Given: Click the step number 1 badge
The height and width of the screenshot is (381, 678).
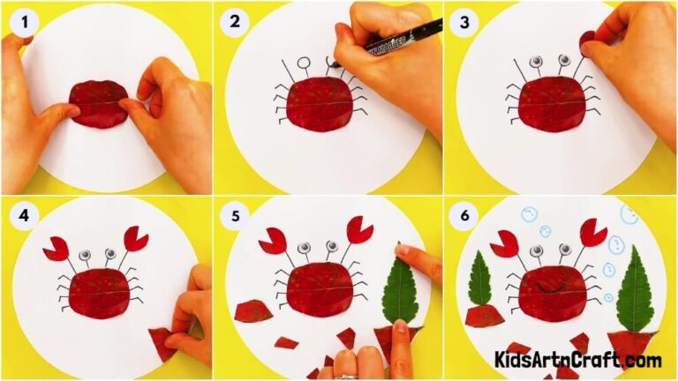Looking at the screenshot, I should coord(19,19).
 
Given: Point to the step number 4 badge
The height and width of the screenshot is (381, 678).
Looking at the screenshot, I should coord(19,212).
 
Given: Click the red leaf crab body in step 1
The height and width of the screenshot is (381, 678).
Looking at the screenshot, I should coord(99,105).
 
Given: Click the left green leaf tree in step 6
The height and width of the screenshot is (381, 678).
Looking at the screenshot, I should coord(479,278).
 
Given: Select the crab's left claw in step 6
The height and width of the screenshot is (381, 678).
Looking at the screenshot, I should coord(505,243).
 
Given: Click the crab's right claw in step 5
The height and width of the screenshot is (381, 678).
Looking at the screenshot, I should coord(359,230).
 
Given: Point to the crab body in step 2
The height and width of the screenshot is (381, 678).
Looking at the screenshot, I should coord(320,104).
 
